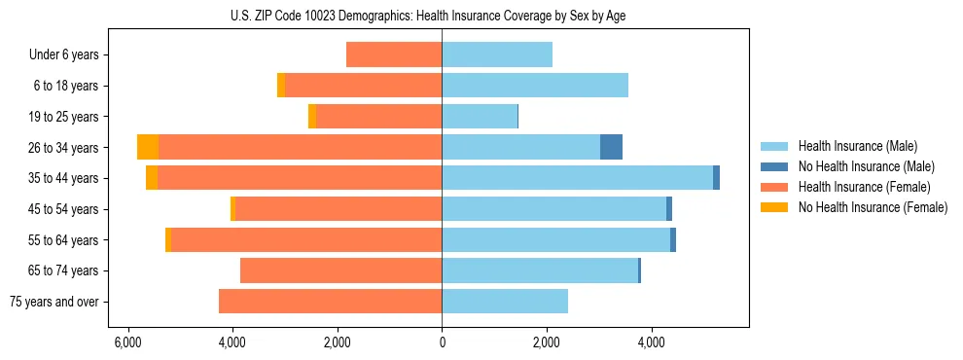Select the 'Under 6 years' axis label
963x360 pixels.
click(x=64, y=55)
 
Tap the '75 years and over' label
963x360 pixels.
click(x=54, y=302)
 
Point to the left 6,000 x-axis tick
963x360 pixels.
click(x=127, y=343)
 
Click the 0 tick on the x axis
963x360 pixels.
click(x=442, y=343)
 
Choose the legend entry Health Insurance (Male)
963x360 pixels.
click(x=857, y=146)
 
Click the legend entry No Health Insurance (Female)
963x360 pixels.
click(x=873, y=207)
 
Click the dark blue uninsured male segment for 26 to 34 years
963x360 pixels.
click(x=611, y=147)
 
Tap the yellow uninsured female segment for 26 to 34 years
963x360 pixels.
click(x=148, y=147)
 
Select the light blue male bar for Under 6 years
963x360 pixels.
click(x=497, y=54)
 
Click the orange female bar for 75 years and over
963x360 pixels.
click(x=331, y=302)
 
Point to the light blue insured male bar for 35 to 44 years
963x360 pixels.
click(x=577, y=178)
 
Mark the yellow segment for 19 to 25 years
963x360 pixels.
click(x=312, y=117)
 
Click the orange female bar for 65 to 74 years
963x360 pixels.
click(x=341, y=270)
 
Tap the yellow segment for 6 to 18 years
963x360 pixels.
click(x=281, y=86)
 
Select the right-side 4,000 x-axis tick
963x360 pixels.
click(x=651, y=343)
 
